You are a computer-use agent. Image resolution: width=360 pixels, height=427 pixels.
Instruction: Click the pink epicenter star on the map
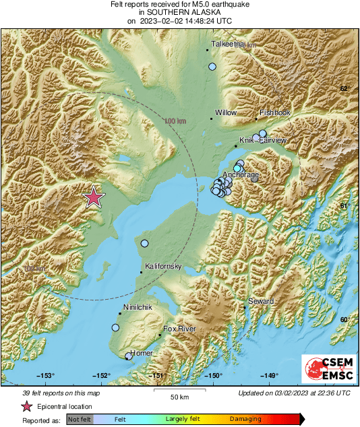[x=94, y=197]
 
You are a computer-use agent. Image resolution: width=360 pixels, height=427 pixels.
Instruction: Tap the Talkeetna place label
[x=227, y=44]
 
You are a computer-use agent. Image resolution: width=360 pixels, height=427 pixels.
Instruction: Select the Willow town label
[x=226, y=113]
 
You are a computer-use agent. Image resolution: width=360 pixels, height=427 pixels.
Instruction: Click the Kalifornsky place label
[x=164, y=267]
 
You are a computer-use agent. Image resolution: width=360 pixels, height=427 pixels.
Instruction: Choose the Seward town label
[x=261, y=301]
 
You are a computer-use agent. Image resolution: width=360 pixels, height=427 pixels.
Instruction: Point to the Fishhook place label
[x=275, y=113]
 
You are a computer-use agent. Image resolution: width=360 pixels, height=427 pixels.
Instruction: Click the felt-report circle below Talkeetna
[x=212, y=67]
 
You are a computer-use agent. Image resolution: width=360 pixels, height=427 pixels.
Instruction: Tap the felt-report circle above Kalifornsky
[x=144, y=243]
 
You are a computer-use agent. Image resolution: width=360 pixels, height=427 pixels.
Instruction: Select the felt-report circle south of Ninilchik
[x=115, y=327]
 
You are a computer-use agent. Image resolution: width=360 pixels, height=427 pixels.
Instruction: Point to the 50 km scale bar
[x=178, y=391]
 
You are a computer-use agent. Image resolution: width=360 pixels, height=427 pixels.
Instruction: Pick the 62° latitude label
[x=344, y=89]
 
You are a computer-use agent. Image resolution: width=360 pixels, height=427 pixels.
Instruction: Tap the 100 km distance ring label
[x=175, y=121]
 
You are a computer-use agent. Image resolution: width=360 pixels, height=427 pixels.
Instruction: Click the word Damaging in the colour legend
[x=245, y=420]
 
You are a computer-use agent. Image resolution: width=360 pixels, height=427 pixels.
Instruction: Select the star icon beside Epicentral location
[x=27, y=406]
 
